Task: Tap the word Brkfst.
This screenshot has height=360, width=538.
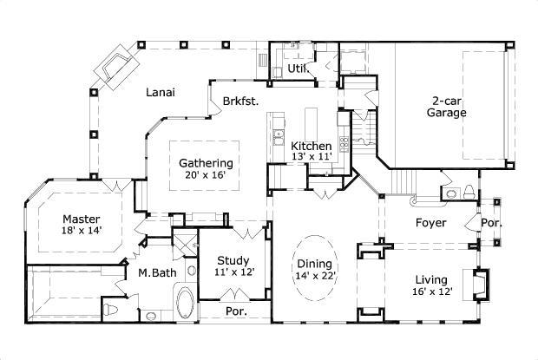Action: point(239,100)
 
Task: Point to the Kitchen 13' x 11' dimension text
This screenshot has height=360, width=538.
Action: point(311,157)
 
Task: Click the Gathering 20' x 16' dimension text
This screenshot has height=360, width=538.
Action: point(206,175)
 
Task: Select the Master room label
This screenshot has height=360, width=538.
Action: point(81,219)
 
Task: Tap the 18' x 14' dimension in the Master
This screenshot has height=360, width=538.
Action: point(81,232)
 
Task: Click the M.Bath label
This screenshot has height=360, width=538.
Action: point(157,273)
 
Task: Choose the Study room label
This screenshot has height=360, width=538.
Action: point(233,260)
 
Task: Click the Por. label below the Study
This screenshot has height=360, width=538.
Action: point(235,311)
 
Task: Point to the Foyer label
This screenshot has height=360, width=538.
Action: point(430,223)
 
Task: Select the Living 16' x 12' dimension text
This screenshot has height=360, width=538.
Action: point(430,291)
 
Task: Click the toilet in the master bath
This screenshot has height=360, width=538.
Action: point(109,309)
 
